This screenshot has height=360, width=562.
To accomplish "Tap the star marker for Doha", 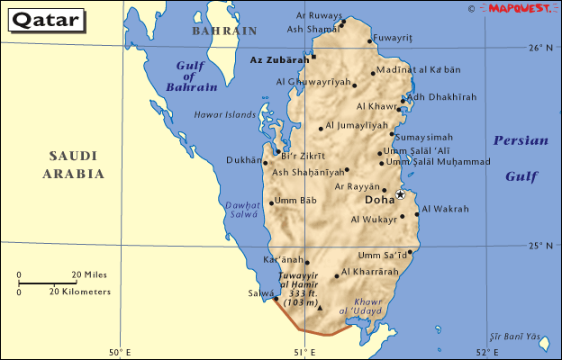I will click(401, 194).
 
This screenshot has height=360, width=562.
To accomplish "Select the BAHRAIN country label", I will click(223, 31).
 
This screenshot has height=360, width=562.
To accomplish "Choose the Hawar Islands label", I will click(225, 114).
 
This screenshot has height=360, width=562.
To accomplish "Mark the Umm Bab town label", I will click(296, 200).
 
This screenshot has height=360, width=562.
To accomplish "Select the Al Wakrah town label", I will click(445, 209).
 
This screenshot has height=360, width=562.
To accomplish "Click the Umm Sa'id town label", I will click(381, 255).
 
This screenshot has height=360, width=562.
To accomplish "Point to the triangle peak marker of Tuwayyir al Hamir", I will click(319, 308).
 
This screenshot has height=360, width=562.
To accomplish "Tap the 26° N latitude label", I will click(539, 48).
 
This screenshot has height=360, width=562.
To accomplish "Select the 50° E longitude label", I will click(120, 351).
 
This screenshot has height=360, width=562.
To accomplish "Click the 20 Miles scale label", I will click(89, 274).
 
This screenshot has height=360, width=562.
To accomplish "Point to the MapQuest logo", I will click(521, 8).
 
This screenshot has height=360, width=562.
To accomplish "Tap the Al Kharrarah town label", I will click(370, 272).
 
